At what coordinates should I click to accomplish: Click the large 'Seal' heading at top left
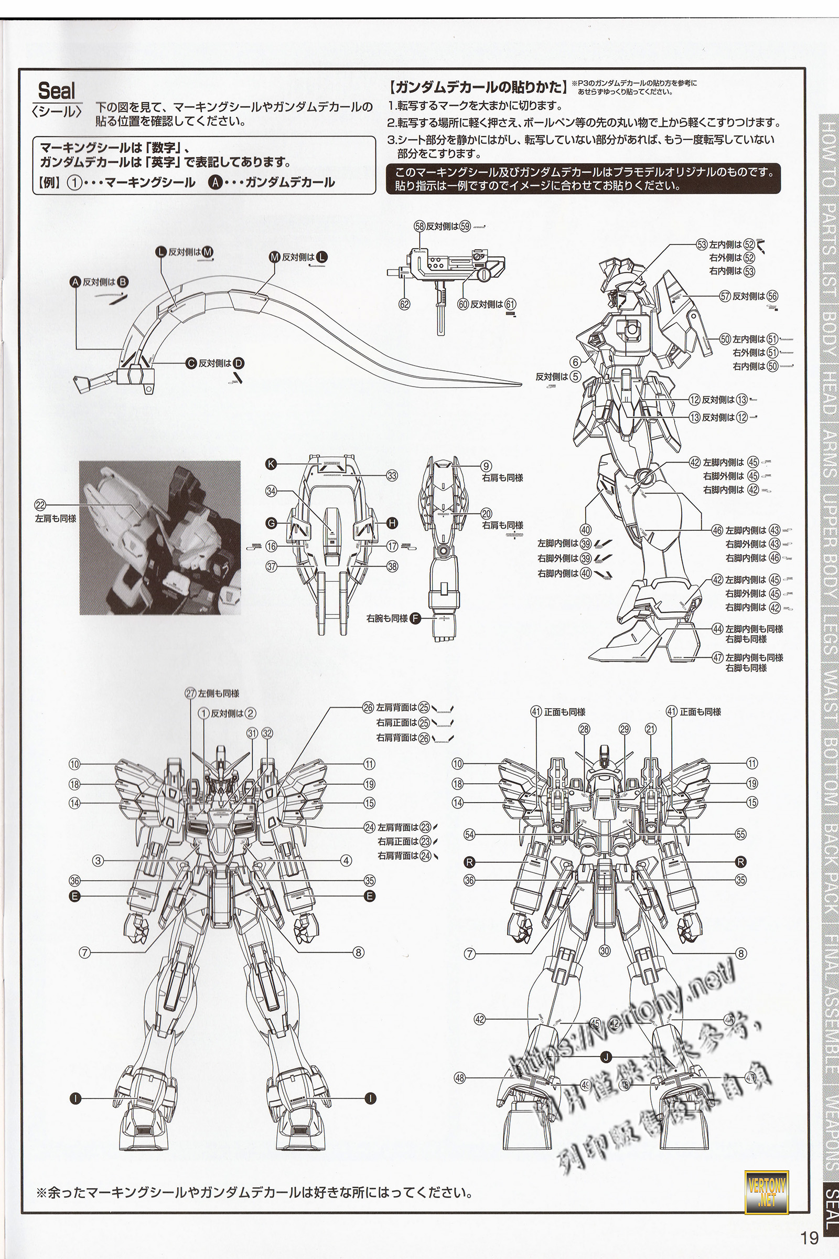pyautogui.click(x=57, y=91)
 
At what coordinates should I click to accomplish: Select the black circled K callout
pyautogui.click(x=271, y=465)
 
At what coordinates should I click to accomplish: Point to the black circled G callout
pyautogui.click(x=271, y=522)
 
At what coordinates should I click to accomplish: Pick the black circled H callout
pyautogui.click(x=392, y=522)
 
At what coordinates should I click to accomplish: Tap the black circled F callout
pyautogui.click(x=416, y=618)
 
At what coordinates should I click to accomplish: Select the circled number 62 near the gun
pyautogui.click(x=404, y=305)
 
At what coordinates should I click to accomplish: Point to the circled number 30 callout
pyautogui.click(x=605, y=951)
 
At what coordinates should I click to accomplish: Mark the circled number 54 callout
pyautogui.click(x=470, y=834)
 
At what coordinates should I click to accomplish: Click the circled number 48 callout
pyautogui.click(x=460, y=1063)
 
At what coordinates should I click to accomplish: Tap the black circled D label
pyautogui.click(x=239, y=364)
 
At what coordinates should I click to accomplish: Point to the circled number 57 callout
pyautogui.click(x=725, y=295)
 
